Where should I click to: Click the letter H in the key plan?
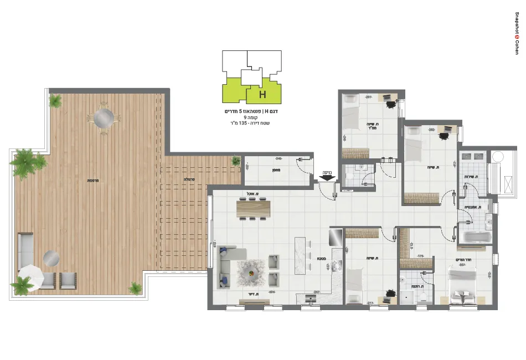262,95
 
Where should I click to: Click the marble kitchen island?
302,255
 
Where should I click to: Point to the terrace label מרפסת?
92,181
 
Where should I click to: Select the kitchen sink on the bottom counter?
311,299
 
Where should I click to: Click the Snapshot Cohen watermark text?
517,30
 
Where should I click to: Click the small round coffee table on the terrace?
51,257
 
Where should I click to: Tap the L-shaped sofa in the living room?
229,265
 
